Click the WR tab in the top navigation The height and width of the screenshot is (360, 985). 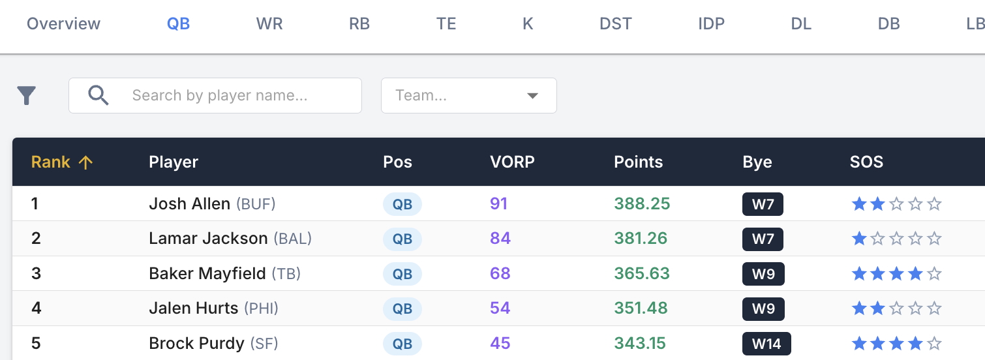pyautogui.click(x=269, y=24)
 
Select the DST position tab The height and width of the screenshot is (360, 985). pyautogui.click(x=615, y=24)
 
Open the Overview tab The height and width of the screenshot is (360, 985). pyautogui.click(x=63, y=24)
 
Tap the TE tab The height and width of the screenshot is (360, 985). pyautogui.click(x=446, y=24)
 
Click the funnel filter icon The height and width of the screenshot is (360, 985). pyautogui.click(x=26, y=96)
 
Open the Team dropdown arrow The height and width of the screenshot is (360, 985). pyautogui.click(x=532, y=96)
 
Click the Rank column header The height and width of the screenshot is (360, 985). pyautogui.click(x=51, y=162)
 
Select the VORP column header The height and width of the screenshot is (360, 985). pyautogui.click(x=512, y=162)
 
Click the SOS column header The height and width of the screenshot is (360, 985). pyautogui.click(x=866, y=162)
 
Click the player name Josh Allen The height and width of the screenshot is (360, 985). pyautogui.click(x=189, y=204)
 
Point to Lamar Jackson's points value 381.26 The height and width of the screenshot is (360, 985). pyautogui.click(x=641, y=239)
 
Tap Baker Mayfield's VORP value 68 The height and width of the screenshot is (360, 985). pyautogui.click(x=500, y=273)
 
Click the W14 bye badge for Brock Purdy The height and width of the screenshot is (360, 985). pyautogui.click(x=766, y=344)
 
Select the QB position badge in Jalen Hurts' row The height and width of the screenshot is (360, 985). pyautogui.click(x=402, y=308)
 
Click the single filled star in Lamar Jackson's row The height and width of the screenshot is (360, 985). pyautogui.click(x=859, y=239)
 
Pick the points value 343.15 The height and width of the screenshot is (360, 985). pyautogui.click(x=641, y=344)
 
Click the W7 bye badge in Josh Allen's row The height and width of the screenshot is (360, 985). pyautogui.click(x=763, y=204)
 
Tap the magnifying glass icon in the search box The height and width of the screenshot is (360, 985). pyautogui.click(x=98, y=96)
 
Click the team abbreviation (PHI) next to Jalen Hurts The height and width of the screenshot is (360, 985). pyautogui.click(x=261, y=308)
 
